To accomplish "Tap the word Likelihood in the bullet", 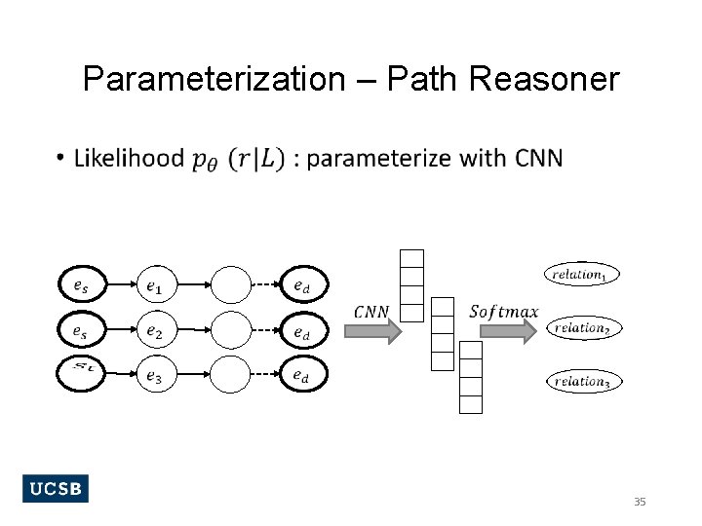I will click(x=129, y=158).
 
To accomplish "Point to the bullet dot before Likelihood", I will click(x=60, y=159).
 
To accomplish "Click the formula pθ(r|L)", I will click(x=239, y=159).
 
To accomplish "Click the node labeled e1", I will click(x=156, y=285).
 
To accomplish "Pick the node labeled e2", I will click(x=156, y=331).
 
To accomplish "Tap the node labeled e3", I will click(x=156, y=376).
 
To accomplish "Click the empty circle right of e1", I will click(x=231, y=285).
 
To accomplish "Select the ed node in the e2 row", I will click(x=303, y=331).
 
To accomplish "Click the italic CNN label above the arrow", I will click(x=371, y=312).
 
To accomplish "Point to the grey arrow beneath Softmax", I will click(x=509, y=331).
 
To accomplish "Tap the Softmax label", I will click(x=503, y=312).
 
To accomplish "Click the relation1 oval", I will click(x=581, y=275).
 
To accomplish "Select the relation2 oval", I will click(x=582, y=328).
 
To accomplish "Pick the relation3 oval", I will click(x=582, y=381).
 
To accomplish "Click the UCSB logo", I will click(x=55, y=489).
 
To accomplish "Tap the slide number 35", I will click(x=640, y=502).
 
